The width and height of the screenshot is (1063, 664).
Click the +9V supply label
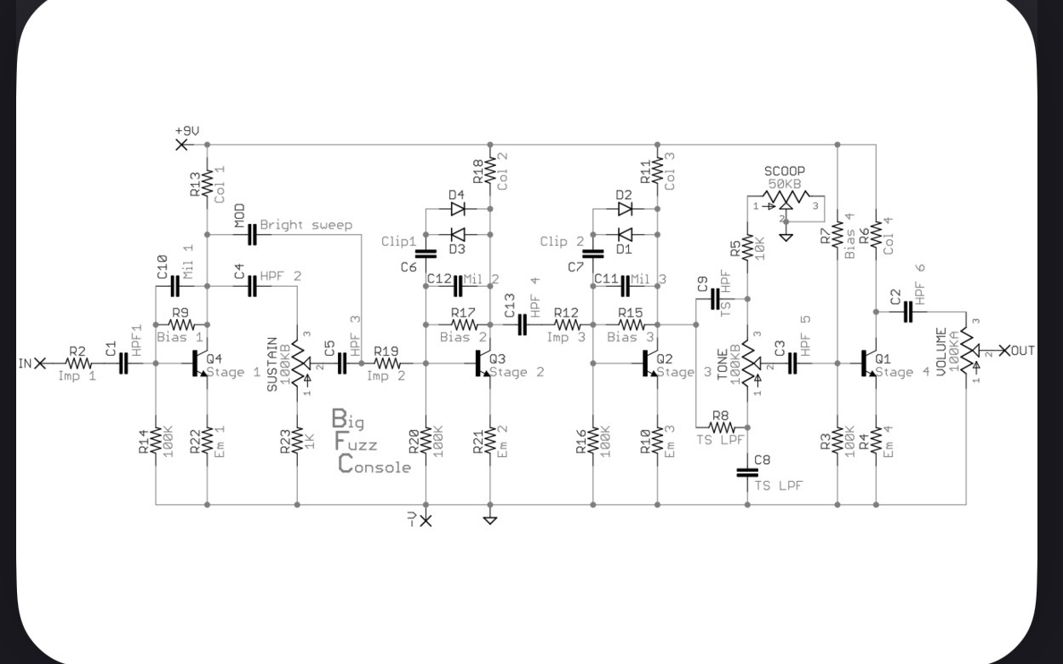click(x=187, y=130)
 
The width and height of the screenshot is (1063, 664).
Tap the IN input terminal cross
click(x=41, y=363)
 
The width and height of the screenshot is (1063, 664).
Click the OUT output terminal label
click(x=1023, y=351)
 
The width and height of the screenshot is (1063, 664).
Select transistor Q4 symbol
click(x=199, y=363)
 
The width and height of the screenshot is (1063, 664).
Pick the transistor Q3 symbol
click(x=483, y=363)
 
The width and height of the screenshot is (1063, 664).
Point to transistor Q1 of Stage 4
click(x=868, y=363)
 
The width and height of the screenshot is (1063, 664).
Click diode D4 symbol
click(x=458, y=209)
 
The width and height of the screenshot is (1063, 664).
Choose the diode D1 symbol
click(x=625, y=234)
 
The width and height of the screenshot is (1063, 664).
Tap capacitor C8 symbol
click(x=747, y=472)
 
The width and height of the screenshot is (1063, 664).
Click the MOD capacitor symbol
click(x=252, y=234)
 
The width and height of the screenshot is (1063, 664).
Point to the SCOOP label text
click(x=785, y=171)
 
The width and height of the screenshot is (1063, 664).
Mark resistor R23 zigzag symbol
click(x=298, y=440)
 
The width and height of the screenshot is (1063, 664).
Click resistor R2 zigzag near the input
click(x=78, y=363)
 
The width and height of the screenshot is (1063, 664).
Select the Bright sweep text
click(x=306, y=225)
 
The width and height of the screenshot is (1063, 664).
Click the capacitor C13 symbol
click(x=522, y=324)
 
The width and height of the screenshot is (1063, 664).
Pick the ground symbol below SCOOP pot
click(x=786, y=237)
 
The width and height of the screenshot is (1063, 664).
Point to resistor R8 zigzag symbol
click(x=722, y=427)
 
